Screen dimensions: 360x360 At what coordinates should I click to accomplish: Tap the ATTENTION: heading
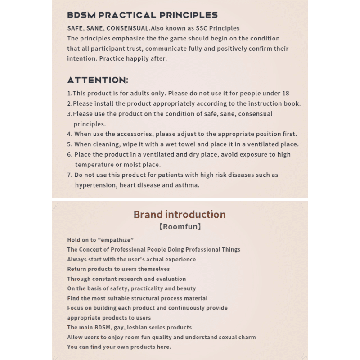pos(98,80)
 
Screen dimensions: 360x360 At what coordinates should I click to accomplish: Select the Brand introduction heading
pos(180,214)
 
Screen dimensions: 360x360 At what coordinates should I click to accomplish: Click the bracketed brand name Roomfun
pos(180,227)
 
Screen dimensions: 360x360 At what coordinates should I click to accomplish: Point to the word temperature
pos(95,164)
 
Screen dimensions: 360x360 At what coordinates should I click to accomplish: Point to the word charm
pos(247,337)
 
